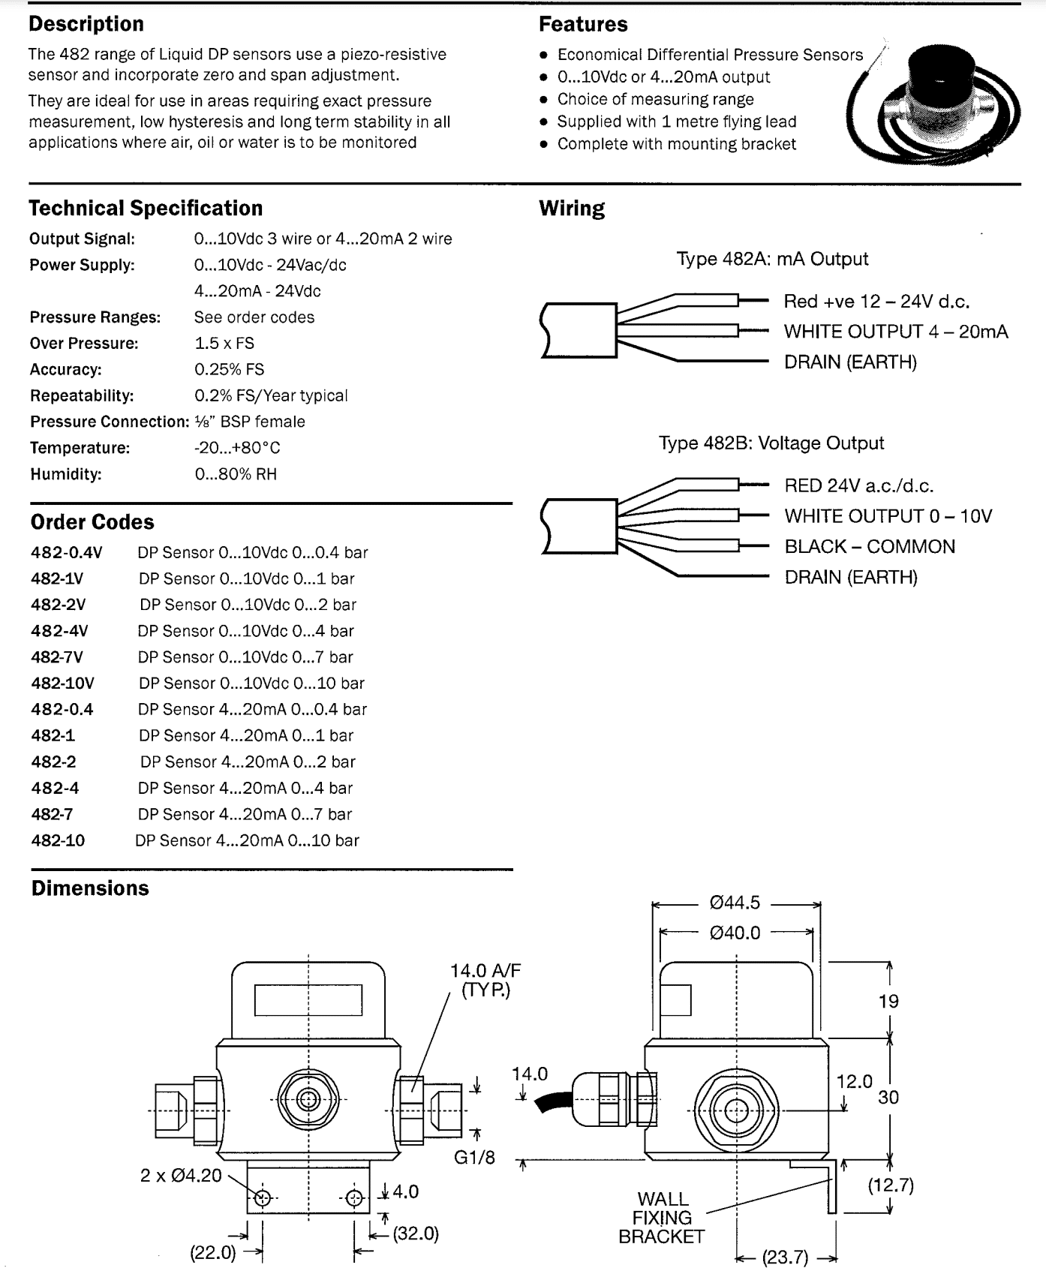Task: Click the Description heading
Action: point(86,24)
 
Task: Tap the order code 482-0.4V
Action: point(67,553)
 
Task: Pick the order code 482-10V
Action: point(63,684)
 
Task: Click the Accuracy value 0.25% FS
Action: point(229,369)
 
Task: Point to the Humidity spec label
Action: point(66,474)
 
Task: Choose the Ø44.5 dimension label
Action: point(735,903)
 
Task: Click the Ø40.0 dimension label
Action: point(735,933)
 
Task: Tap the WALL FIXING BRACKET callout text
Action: point(662,1217)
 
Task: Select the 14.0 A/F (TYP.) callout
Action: point(485,980)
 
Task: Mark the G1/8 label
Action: point(474,1157)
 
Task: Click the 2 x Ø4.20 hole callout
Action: point(181,1175)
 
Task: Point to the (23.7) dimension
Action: point(786,1257)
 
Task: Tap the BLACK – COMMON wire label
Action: point(870,546)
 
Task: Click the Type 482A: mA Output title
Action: point(772,259)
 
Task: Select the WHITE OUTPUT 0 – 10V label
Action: point(888,516)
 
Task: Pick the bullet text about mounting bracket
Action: point(676,144)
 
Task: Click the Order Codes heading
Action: point(92,522)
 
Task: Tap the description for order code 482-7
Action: point(245,814)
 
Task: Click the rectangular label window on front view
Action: point(308,999)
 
